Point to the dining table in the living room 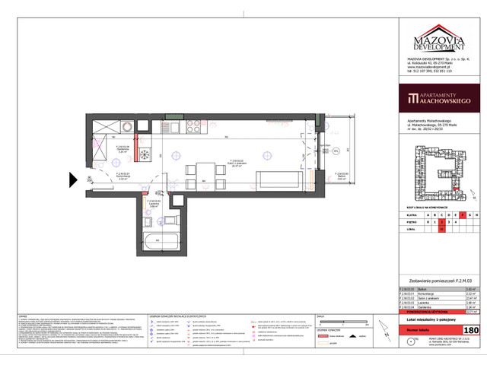204,173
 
